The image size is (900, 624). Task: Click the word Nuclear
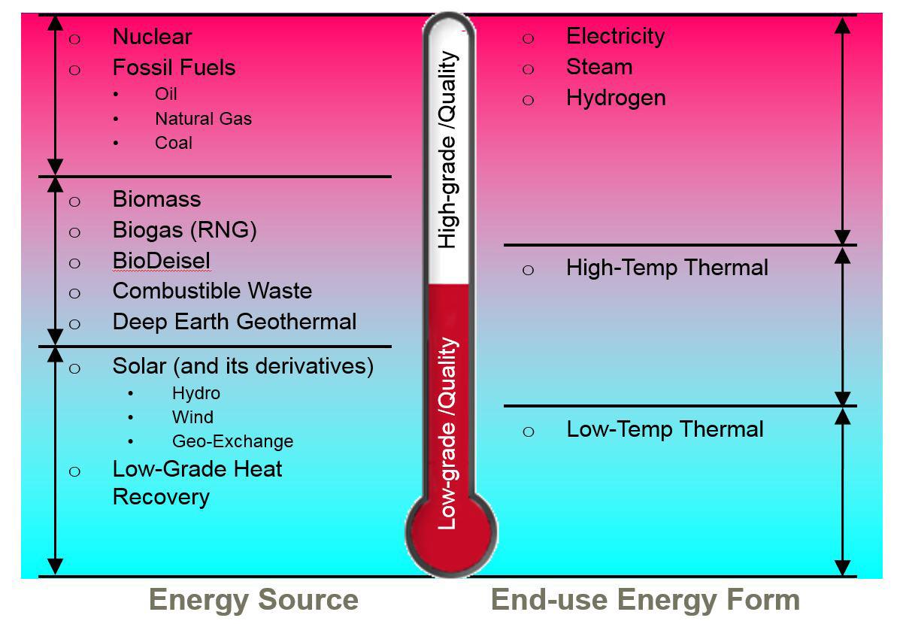click(152, 37)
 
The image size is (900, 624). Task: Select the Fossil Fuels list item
click(174, 68)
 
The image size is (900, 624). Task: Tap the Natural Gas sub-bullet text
click(203, 119)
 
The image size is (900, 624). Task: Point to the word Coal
click(174, 143)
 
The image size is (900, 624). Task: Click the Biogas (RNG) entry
click(184, 230)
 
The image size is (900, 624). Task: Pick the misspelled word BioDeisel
click(161, 261)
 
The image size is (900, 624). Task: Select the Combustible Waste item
click(212, 291)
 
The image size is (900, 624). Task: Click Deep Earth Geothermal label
click(234, 322)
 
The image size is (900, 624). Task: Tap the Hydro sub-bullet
click(195, 393)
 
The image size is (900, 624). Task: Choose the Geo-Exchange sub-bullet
click(232, 441)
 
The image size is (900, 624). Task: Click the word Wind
click(192, 417)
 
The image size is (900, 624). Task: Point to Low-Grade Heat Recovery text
click(197, 483)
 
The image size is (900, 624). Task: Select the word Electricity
click(615, 36)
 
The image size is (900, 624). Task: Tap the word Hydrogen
click(616, 98)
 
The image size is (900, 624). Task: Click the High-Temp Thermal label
click(667, 268)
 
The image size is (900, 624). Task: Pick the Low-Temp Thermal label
click(665, 429)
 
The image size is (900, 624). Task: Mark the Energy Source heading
click(253, 600)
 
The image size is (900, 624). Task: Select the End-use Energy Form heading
click(644, 600)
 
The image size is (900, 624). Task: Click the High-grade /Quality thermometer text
click(448, 150)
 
